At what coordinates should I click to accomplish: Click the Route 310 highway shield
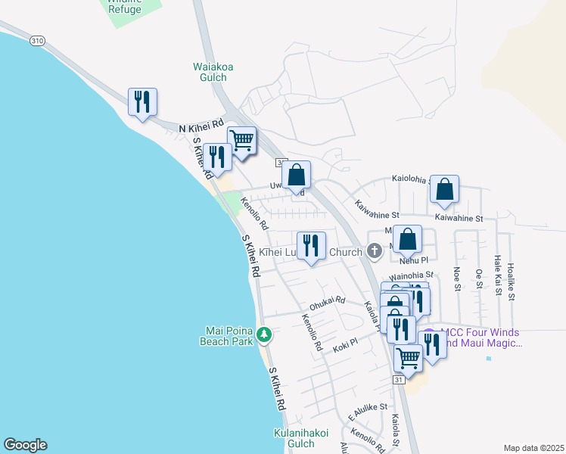[36, 41]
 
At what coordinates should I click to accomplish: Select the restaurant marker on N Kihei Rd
[142, 102]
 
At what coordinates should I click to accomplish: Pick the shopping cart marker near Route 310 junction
[241, 140]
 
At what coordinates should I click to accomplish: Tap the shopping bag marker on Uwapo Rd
[297, 175]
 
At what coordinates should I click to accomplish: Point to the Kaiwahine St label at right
[459, 218]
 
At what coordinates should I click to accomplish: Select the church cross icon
[373, 250]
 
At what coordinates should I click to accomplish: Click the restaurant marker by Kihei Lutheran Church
[311, 245]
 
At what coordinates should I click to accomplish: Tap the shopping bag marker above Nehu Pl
[407, 239]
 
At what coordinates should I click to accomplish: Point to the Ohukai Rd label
[327, 300]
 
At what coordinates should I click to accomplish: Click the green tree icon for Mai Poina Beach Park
[264, 334]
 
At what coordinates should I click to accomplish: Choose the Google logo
[25, 445]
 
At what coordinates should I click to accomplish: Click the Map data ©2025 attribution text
[533, 448]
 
